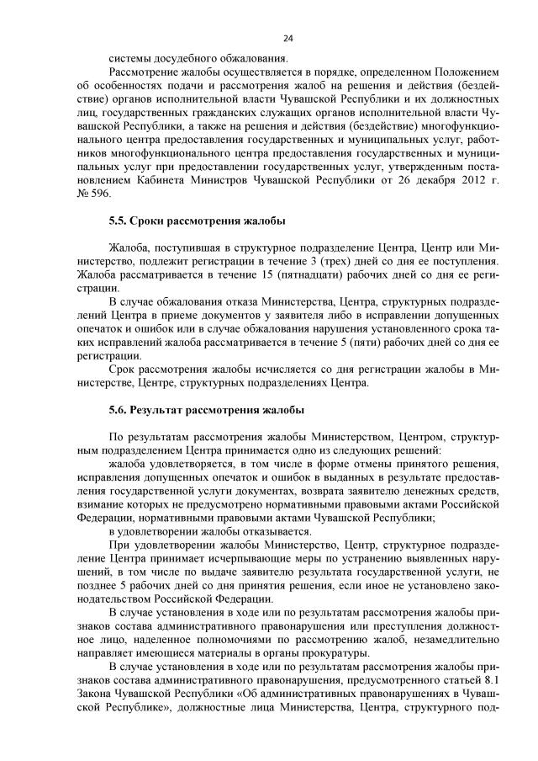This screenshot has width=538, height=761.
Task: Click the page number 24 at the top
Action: (x=287, y=39)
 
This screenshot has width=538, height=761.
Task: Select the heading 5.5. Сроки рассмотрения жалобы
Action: (x=197, y=221)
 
